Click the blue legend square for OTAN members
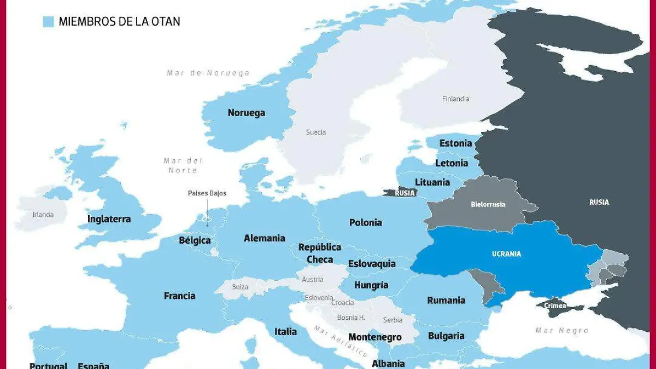(x=48, y=22)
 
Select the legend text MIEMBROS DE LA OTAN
(x=119, y=22)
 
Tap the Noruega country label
(x=246, y=113)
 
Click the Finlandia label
(x=455, y=99)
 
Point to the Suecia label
(x=315, y=132)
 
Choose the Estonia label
(x=455, y=143)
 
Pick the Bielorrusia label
(x=488, y=205)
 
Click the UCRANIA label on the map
(x=506, y=254)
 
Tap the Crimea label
(x=555, y=306)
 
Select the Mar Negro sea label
(x=562, y=330)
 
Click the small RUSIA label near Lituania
(x=405, y=193)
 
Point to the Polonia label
(x=365, y=222)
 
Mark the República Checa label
(x=319, y=253)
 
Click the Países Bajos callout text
(x=207, y=193)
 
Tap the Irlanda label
(x=43, y=215)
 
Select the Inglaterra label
(x=109, y=219)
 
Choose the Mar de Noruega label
(x=208, y=73)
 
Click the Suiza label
(x=240, y=287)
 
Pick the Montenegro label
(x=374, y=337)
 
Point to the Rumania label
(x=446, y=300)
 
